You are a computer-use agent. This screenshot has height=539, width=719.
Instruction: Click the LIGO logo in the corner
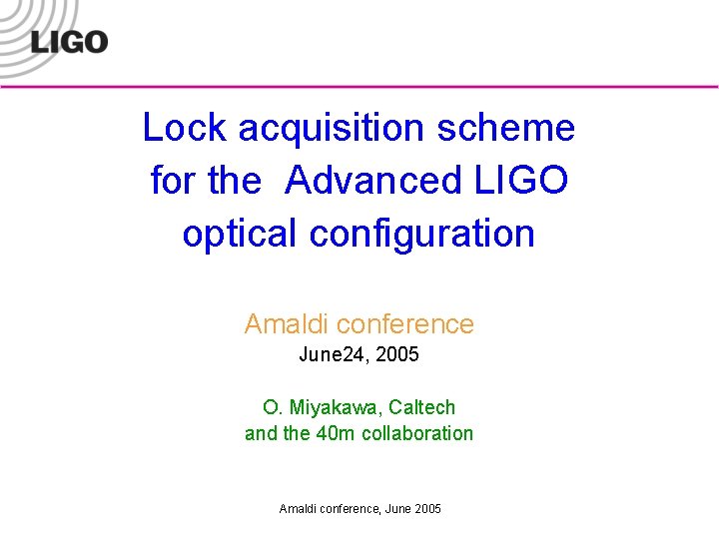pyautogui.click(x=68, y=41)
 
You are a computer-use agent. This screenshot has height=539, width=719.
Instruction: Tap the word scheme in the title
pyautogui.click(x=519, y=128)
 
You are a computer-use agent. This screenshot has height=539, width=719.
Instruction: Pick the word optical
pyautogui.click(x=240, y=234)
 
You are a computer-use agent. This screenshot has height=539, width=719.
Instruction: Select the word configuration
pyautogui.click(x=422, y=234)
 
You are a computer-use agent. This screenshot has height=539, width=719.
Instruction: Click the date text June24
pyautogui.click(x=331, y=354)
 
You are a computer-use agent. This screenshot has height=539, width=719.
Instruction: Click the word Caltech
pyautogui.click(x=421, y=407)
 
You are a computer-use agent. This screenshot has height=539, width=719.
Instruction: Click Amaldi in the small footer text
pyautogui.click(x=298, y=509)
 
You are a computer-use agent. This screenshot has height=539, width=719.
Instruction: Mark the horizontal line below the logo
pyautogui.click(x=399, y=87)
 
